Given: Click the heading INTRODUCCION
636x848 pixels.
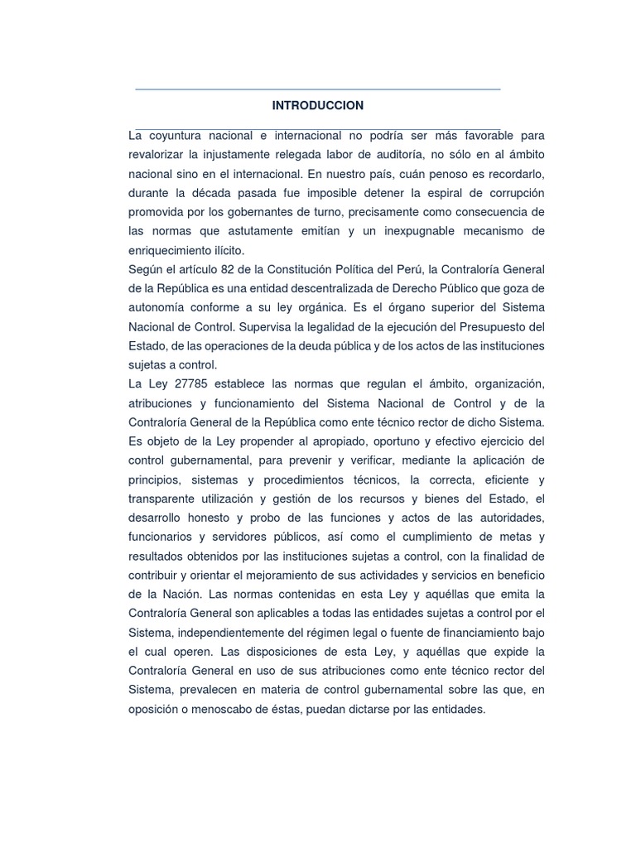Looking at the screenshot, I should (318, 106).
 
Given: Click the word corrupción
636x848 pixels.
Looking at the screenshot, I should (511, 193).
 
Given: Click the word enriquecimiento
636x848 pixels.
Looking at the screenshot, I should (175, 250).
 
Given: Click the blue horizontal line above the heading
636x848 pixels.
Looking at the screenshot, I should (318, 89).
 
